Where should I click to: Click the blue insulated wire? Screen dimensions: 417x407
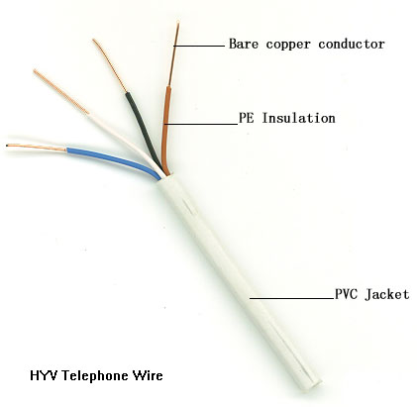click(x=112, y=159)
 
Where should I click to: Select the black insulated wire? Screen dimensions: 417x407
click(x=143, y=129)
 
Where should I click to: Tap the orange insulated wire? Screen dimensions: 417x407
click(x=165, y=129)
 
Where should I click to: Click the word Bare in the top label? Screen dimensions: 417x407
click(x=244, y=44)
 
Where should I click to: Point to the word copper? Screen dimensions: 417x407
click(x=288, y=45)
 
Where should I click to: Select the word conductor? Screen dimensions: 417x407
click(x=352, y=44)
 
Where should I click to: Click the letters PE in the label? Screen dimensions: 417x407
click(x=247, y=118)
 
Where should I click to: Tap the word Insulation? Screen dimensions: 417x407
click(x=299, y=118)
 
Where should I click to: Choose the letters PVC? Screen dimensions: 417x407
click(x=346, y=294)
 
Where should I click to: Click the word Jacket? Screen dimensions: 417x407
click(x=387, y=294)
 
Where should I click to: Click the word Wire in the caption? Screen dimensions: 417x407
click(x=148, y=375)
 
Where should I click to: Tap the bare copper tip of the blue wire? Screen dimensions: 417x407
click(x=37, y=148)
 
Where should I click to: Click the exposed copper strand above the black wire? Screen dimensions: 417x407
click(x=110, y=65)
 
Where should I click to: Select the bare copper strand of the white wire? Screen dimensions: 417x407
click(x=61, y=92)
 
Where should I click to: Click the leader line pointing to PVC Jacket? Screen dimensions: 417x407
click(x=292, y=298)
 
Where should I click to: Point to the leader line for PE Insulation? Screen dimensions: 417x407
click(x=201, y=124)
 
